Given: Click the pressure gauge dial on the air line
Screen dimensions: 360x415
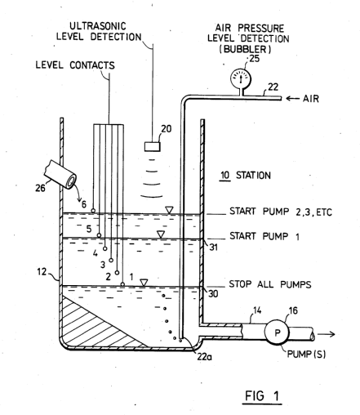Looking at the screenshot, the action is tap(241, 78).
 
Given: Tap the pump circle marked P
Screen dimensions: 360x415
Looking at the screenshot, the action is tap(277, 332).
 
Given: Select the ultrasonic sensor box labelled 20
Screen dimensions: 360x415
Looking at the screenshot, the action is tap(153, 146).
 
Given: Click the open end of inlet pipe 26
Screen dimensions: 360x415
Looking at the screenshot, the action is tap(72, 181).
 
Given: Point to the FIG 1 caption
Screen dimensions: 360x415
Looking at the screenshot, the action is tap(262, 395).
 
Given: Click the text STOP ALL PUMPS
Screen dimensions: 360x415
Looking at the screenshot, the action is tap(270, 284).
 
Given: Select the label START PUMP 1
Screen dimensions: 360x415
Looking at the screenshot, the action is tap(264, 236).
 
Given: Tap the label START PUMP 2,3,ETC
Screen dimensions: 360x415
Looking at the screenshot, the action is tap(281, 212).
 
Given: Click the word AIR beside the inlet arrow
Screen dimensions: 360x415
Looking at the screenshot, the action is tap(311, 99).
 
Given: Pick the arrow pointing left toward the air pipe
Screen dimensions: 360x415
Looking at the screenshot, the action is tap(292, 99).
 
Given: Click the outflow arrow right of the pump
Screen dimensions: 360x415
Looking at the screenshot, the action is tap(326, 334).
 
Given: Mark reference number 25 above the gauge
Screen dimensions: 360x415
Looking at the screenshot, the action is tap(254, 59).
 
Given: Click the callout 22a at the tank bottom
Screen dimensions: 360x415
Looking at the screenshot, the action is tap(204, 356).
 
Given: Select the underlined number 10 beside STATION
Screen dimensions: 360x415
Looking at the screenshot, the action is tap(225, 175).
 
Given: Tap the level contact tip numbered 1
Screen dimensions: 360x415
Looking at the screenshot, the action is tap(122, 284).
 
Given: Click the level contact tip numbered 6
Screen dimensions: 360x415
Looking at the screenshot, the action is tap(93, 211).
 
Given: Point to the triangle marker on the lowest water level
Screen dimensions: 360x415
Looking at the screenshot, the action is tap(144, 283).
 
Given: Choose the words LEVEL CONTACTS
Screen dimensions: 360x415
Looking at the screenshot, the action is tap(75, 65).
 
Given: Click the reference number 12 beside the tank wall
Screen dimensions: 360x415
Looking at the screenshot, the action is tap(42, 271).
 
